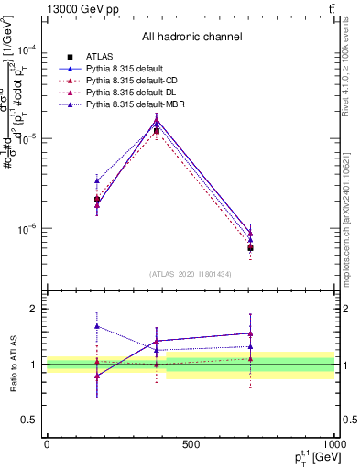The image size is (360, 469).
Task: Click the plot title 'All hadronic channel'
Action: (x=191, y=38)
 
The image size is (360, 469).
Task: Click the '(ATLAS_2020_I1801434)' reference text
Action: (x=191, y=274)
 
